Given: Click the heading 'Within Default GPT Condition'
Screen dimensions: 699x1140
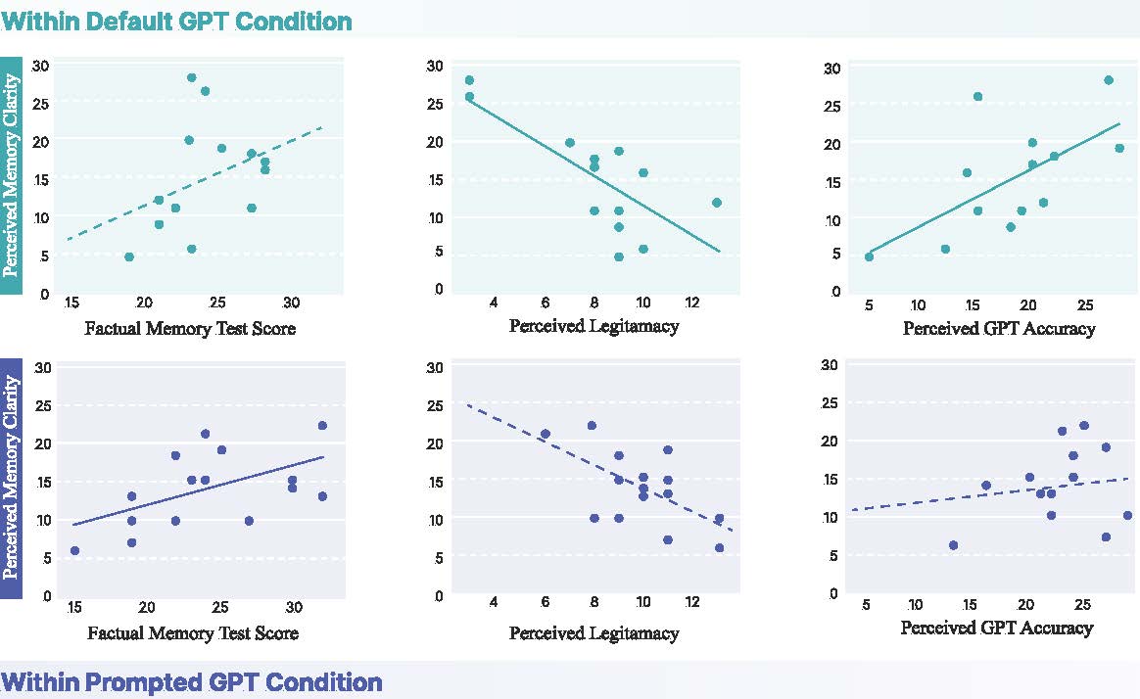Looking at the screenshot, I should [x=176, y=21].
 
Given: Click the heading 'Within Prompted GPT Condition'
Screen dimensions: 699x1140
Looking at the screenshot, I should [x=191, y=681].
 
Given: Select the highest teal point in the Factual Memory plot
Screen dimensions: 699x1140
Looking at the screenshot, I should [x=192, y=77].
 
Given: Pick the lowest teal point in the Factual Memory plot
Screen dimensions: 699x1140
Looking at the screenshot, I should [x=129, y=256].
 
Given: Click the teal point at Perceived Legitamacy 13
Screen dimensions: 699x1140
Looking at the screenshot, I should [x=717, y=203].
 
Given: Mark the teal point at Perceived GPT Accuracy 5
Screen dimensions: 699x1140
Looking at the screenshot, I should [x=869, y=256].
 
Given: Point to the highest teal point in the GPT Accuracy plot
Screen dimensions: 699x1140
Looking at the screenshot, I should [x=1109, y=80].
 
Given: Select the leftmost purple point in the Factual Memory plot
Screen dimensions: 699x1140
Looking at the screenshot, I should [x=74, y=551].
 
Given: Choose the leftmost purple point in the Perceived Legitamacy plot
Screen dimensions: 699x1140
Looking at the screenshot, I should [x=546, y=434].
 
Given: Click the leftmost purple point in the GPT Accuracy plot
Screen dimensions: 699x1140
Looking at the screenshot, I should [x=953, y=545].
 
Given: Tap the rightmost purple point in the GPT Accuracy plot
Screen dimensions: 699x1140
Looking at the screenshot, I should [x=1127, y=515].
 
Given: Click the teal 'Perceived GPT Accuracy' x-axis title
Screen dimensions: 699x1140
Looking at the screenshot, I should [x=999, y=329].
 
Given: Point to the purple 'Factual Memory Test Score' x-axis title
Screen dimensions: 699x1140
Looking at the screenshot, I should [x=193, y=632].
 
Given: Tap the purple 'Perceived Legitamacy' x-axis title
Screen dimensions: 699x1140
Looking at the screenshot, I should [x=594, y=632].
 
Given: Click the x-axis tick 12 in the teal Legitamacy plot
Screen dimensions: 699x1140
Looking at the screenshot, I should [x=692, y=299].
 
